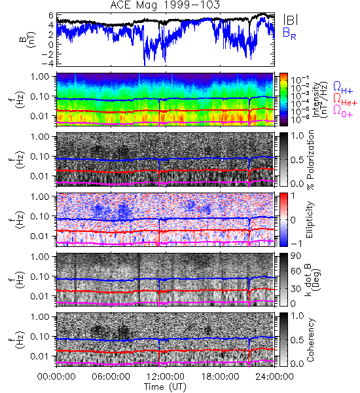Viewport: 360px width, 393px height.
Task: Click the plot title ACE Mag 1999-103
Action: coord(165,5)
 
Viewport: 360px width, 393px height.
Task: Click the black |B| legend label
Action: coord(291,20)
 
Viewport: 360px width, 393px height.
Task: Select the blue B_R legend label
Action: coord(289,33)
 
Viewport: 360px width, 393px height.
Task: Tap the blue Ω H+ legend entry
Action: coord(343,87)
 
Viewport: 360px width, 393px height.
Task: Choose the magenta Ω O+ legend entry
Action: coord(343,111)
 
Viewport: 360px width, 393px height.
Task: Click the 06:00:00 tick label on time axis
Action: coord(111,377)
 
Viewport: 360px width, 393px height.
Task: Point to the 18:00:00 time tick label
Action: coord(220,377)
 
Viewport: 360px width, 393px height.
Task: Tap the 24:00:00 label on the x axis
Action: coord(274,377)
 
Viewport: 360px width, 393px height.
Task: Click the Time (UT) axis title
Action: coord(165,387)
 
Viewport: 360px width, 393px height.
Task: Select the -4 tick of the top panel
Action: coord(48,64)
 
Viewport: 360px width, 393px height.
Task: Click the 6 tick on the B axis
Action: coord(51,16)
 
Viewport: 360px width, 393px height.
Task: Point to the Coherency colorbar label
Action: coord(310,340)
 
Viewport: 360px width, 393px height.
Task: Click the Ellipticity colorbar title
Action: coord(310,219)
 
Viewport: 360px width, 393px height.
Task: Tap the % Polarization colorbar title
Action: coord(310,160)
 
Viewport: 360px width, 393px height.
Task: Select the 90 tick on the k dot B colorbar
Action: coord(296,255)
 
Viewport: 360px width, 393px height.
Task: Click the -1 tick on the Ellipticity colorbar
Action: coord(296,244)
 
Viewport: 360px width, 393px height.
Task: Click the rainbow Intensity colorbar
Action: coord(283,99)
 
